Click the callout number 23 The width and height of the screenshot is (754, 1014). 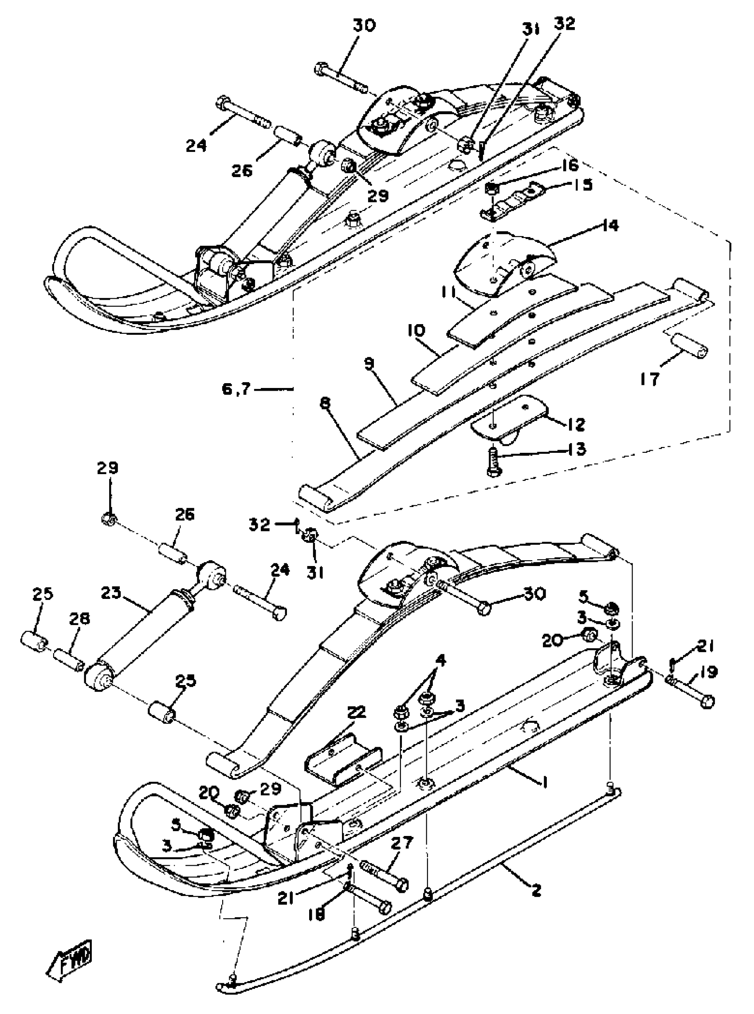click(111, 593)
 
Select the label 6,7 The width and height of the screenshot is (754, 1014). click(236, 389)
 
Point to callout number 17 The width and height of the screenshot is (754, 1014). click(650, 378)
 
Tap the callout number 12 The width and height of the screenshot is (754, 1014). click(576, 425)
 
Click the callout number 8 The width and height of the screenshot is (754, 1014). click(325, 392)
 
